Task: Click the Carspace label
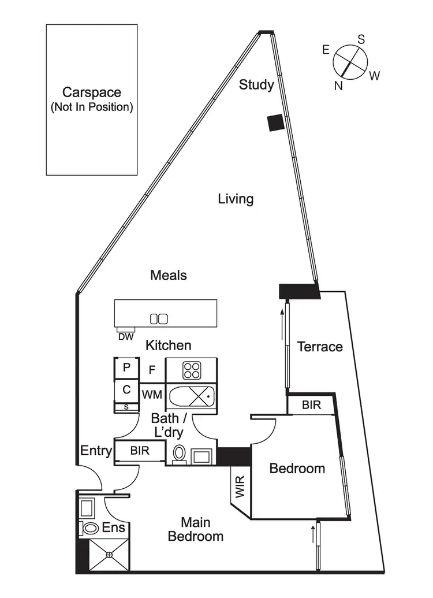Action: point(92,92)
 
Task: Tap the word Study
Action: point(256,85)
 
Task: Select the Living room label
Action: point(236,199)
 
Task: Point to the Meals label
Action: point(169,275)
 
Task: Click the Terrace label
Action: point(320,347)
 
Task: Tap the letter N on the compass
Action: point(339,86)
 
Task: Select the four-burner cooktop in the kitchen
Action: point(191,370)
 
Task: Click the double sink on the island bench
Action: point(159,318)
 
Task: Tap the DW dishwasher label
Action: point(124,337)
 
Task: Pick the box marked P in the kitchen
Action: point(127,367)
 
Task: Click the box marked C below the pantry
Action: point(126,390)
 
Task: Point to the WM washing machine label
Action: point(153,394)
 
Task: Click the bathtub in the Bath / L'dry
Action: point(191,396)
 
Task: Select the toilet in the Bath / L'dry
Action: point(179,454)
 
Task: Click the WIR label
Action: point(240,486)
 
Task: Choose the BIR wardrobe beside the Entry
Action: point(140,451)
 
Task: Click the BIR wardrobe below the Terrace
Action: point(311,404)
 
